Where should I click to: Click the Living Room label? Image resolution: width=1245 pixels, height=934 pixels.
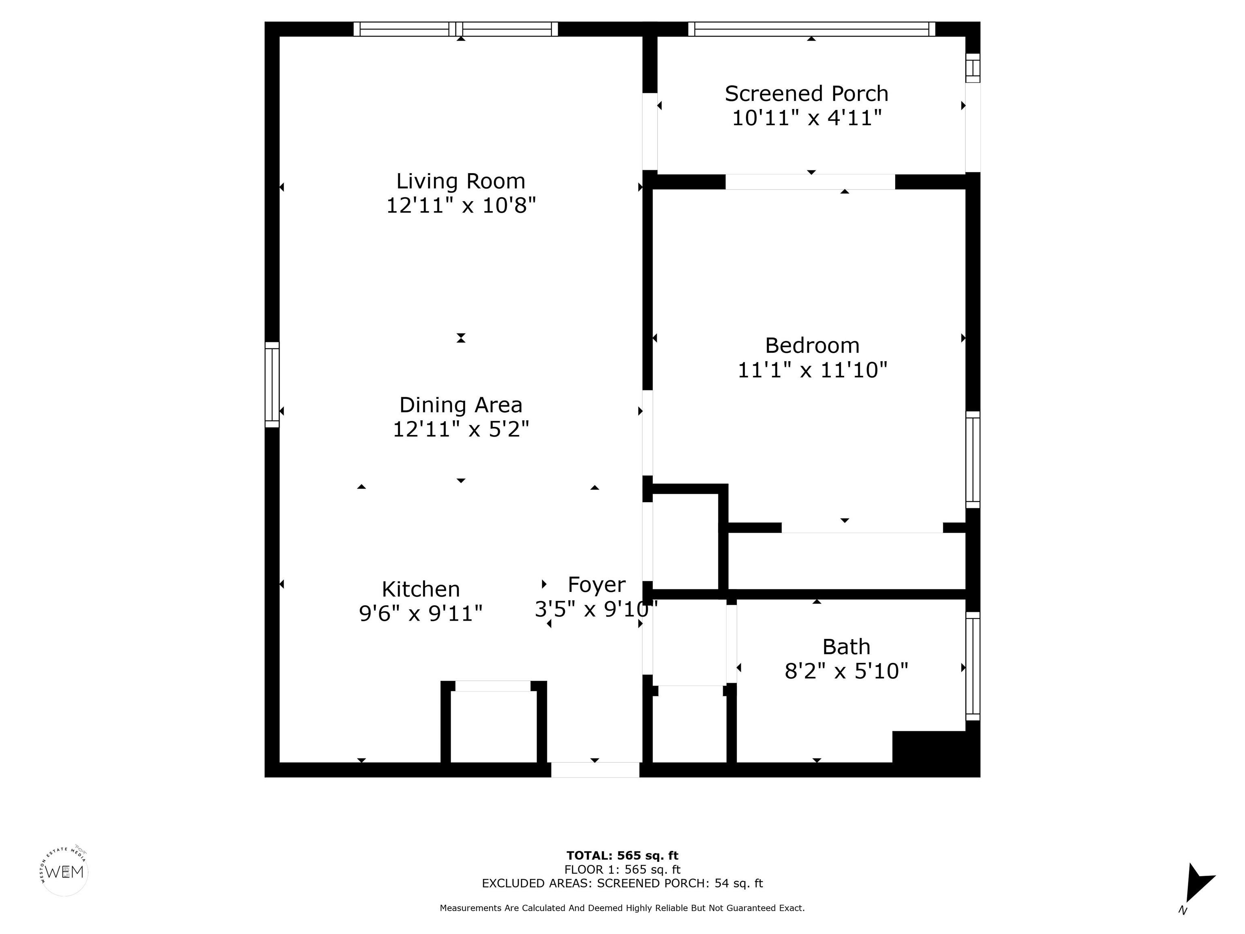[460, 181]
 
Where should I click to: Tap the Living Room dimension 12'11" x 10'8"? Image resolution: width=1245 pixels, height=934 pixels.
[460, 206]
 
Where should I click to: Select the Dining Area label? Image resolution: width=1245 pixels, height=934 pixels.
[460, 405]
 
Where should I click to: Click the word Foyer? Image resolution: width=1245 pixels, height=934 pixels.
[596, 585]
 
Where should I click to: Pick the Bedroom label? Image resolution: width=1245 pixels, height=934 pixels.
[812, 345]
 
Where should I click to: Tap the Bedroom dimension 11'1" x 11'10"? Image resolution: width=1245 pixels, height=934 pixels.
[812, 370]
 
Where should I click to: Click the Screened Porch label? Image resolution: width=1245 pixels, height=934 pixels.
[806, 94]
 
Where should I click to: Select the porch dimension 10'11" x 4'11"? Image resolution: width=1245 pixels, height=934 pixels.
[806, 118]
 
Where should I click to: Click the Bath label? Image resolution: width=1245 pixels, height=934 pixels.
[846, 647]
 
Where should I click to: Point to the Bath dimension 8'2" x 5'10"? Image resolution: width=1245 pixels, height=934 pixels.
[846, 671]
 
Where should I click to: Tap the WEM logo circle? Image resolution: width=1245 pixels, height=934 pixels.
[65, 872]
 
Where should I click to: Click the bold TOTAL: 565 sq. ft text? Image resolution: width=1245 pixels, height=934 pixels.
[622, 856]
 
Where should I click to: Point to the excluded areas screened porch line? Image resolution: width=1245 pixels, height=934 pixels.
[622, 883]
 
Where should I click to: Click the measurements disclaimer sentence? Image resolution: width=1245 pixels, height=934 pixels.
[622, 908]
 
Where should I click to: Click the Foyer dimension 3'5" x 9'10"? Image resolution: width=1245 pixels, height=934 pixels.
[596, 608]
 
